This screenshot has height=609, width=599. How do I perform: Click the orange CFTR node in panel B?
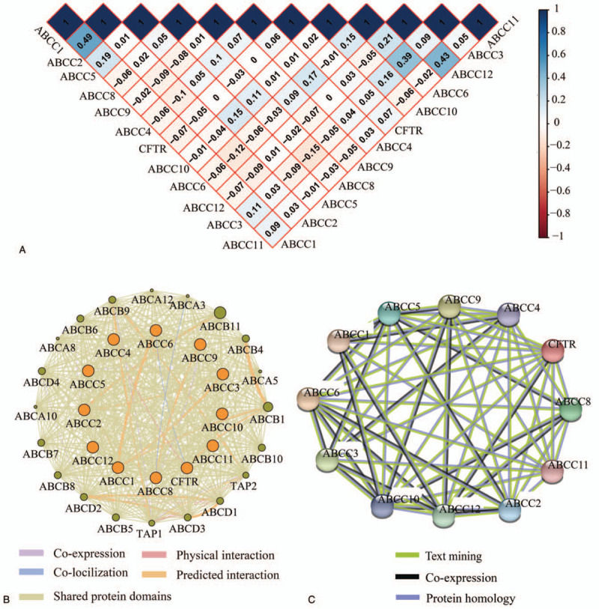click(x=186, y=469)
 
